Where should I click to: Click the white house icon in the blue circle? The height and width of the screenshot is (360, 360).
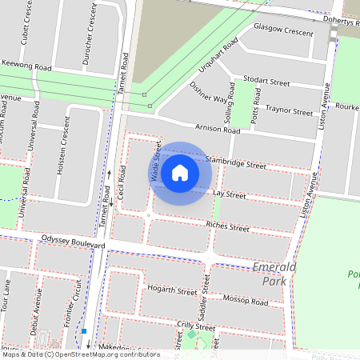180,172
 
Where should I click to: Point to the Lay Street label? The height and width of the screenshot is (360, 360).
230,194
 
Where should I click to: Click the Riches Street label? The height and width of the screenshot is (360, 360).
228,226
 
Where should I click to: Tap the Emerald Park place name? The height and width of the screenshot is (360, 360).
274,273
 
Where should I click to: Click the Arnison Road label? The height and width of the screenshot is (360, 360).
218,129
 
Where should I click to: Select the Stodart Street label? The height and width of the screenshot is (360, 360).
267,81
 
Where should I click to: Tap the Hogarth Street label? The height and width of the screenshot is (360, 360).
171,290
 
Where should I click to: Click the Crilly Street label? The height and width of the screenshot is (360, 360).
195,326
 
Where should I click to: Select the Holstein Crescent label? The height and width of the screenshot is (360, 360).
65,148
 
